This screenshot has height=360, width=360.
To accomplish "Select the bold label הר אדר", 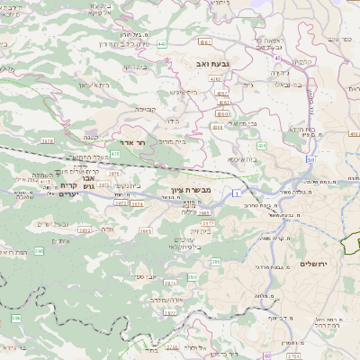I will [x=132, y=142].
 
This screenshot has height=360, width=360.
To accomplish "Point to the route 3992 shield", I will [x=85, y=230].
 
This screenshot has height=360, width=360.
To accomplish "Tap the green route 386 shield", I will [x=15, y=319].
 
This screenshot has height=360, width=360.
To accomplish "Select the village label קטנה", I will [x=91, y=138].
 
